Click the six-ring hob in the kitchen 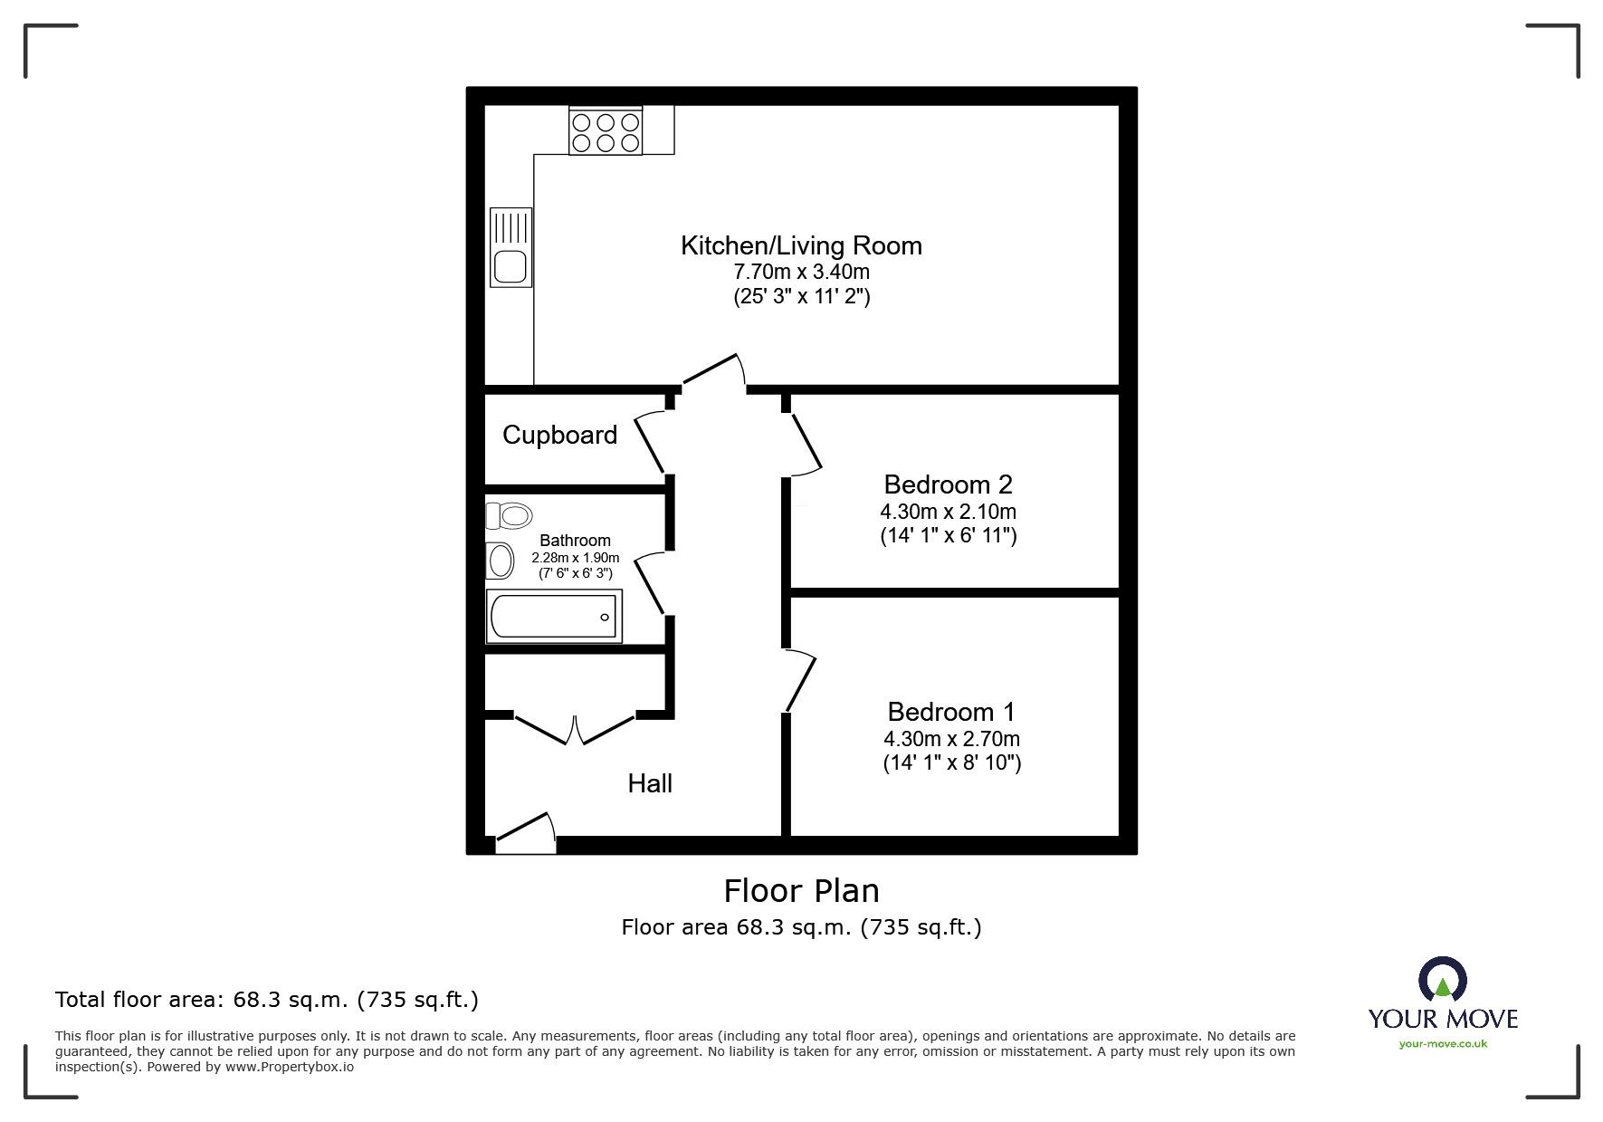pos(606,132)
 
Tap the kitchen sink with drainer pos(510,247)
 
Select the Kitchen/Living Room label pos(801,245)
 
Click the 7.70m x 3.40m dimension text pos(801,272)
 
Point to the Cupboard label pos(559,435)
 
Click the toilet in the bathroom pos(508,516)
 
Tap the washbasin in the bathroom pos(500,561)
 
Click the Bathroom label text pos(575,541)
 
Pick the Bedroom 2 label pos(948,484)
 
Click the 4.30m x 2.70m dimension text pos(951,739)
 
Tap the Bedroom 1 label pos(951,712)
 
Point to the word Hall pos(650,783)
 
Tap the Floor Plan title pos(801,891)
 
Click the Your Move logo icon pos(1442,981)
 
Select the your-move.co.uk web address pos(1443,1044)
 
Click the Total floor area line pos(267,1000)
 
